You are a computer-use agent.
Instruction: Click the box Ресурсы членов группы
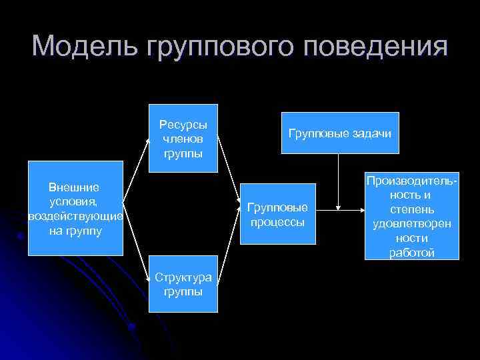point(183,139)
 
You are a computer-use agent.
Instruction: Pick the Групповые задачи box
point(340,133)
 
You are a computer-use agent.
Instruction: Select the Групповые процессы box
point(277,214)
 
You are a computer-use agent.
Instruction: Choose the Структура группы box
point(183,284)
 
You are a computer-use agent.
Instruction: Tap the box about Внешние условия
point(75,208)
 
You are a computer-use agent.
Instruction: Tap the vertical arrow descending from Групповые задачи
point(340,180)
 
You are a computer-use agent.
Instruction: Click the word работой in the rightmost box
point(412,253)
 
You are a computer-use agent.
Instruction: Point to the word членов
point(183,139)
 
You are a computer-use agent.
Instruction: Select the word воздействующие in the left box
point(75,217)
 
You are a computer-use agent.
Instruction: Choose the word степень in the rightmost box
point(412,210)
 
